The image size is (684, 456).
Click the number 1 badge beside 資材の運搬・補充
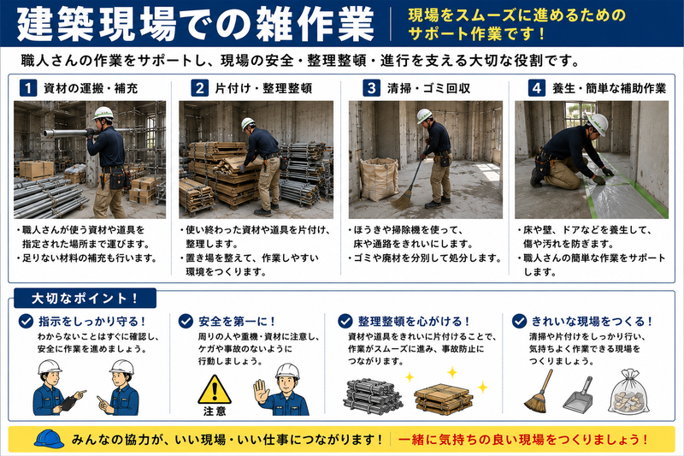(x=28, y=88)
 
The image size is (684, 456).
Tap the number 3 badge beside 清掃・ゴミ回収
(x=371, y=88)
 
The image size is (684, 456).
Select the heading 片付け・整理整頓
(x=263, y=89)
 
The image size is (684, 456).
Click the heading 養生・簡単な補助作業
(x=609, y=89)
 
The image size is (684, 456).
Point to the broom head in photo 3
(x=403, y=200)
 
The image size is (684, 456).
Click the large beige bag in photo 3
(x=379, y=179)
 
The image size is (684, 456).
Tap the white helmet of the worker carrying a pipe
(x=103, y=114)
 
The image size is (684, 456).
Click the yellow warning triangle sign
(x=215, y=389)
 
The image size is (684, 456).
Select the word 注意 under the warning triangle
(x=215, y=411)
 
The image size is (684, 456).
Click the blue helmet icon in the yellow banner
(x=49, y=439)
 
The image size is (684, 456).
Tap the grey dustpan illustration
(x=579, y=394)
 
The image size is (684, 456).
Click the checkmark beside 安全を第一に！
(x=186, y=322)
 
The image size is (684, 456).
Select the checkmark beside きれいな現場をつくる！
(x=519, y=322)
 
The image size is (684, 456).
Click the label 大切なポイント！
(x=85, y=299)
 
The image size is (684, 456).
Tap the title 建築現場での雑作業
(x=195, y=25)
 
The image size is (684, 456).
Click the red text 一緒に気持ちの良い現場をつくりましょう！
(x=523, y=439)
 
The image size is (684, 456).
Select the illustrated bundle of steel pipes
(x=373, y=396)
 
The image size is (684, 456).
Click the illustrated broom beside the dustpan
(x=540, y=392)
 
